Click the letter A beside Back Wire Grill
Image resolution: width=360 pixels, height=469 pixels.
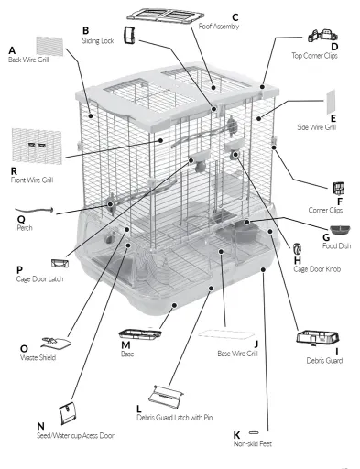click(12, 50)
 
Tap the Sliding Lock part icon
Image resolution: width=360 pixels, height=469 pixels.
click(129, 35)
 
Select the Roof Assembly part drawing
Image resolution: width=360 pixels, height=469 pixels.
click(165, 16)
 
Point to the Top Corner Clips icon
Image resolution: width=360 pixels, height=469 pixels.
click(322, 36)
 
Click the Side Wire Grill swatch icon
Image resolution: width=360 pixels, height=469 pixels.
click(331, 101)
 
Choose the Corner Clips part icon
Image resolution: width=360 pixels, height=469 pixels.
click(339, 189)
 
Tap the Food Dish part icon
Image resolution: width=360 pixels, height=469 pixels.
click(340, 230)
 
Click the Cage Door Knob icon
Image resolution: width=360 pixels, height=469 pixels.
click(297, 249)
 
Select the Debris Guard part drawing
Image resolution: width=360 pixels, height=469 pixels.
click(318, 338)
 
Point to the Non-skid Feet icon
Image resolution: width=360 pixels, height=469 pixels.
click(254, 432)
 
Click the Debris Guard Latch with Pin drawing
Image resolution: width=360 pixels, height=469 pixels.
click(166, 397)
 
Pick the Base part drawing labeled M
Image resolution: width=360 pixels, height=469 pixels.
click(140, 333)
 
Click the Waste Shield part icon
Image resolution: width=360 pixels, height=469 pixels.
click(56, 344)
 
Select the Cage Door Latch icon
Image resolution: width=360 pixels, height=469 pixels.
click(60, 263)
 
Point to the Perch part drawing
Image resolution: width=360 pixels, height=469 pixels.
click(34, 210)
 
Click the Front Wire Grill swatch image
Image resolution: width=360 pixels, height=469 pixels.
click(37, 146)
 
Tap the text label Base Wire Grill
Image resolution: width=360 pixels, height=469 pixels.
click(237, 354)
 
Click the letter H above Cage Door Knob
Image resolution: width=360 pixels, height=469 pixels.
click(297, 260)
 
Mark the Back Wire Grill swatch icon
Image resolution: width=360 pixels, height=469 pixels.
click(49, 46)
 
